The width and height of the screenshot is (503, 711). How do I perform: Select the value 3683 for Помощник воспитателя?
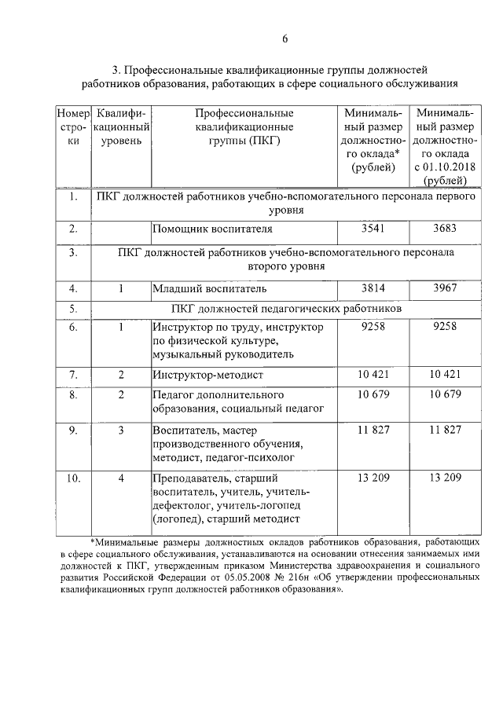pos(445,229)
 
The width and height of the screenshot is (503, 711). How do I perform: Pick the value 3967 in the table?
pos(445,288)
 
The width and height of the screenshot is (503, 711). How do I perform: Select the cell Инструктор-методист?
pos(206,374)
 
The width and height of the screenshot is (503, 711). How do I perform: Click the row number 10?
pos(72,477)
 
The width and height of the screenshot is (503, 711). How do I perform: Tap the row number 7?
pos(72,374)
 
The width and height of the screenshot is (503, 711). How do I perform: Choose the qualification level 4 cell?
pos(121,477)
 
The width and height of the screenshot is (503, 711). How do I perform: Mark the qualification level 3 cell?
pos(121,430)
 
